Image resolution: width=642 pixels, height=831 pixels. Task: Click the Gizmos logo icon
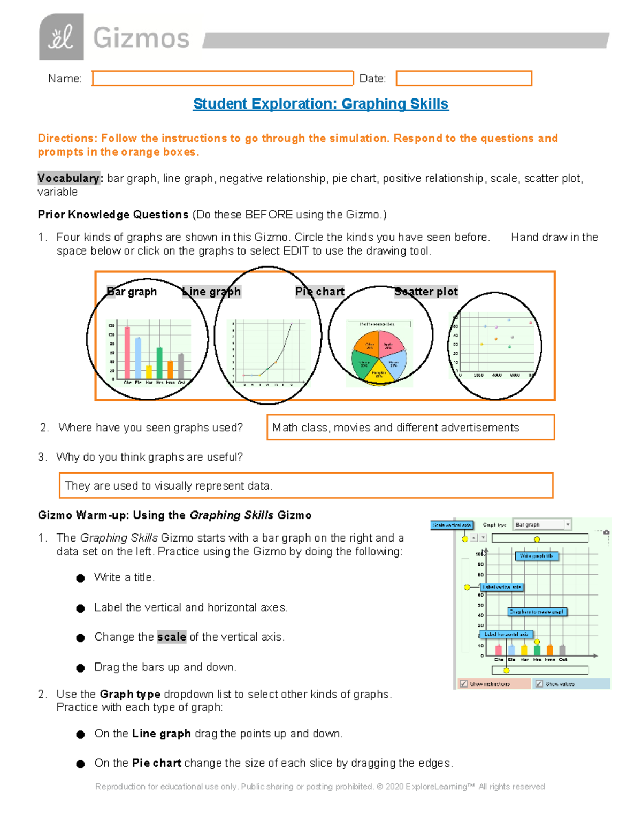[61, 37]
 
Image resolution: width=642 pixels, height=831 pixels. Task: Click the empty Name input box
[223, 78]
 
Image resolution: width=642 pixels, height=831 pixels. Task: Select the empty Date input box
[464, 78]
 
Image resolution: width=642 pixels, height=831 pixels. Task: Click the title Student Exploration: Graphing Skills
[320, 104]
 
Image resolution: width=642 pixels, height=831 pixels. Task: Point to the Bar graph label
[132, 292]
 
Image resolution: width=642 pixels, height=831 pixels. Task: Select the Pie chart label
[320, 292]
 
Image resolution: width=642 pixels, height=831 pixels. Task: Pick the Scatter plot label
[426, 292]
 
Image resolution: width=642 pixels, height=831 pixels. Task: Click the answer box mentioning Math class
[410, 428]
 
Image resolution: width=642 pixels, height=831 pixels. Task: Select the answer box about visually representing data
[305, 485]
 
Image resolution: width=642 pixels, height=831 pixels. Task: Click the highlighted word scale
[171, 637]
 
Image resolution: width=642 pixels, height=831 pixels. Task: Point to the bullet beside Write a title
[80, 578]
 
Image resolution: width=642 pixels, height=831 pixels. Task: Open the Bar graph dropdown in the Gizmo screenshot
[542, 524]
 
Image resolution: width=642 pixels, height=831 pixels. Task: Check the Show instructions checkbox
[464, 683]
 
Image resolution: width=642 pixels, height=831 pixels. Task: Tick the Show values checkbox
[539, 683]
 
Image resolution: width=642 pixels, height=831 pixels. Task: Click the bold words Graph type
[130, 694]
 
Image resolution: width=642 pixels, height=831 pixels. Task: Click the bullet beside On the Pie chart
[80, 764]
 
